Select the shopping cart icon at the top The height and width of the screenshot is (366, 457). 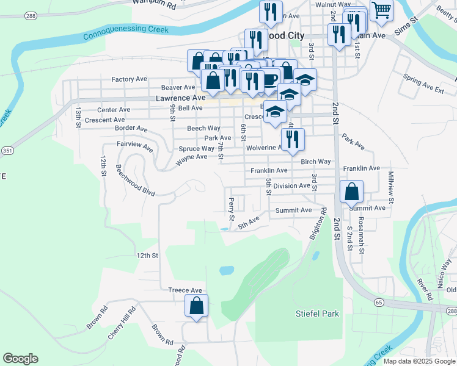[381, 11]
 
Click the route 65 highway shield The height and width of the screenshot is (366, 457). [379, 302]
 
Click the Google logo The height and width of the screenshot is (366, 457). [21, 359]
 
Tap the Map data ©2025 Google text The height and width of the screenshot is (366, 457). [419, 361]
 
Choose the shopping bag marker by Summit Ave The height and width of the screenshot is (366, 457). [352, 192]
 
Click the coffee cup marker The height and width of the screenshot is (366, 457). [268, 79]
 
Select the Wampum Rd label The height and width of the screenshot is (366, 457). [154, 4]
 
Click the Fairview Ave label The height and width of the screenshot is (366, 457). [135, 145]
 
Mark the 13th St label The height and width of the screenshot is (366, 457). [78, 117]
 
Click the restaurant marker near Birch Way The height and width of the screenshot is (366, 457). [293, 139]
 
